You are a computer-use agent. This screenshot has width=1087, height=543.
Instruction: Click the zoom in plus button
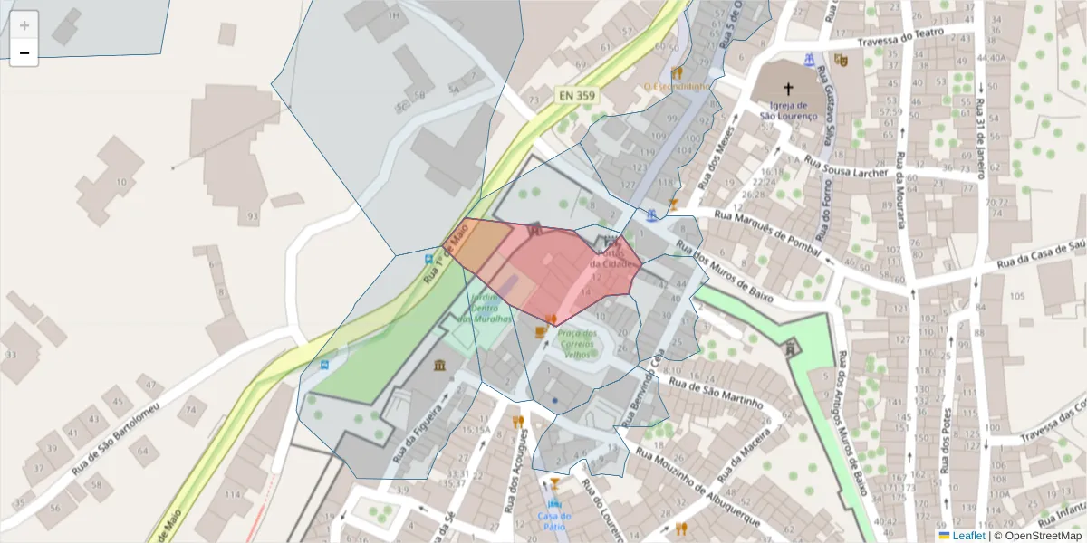[x=24, y=25]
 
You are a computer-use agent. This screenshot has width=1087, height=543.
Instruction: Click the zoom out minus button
[x=24, y=52]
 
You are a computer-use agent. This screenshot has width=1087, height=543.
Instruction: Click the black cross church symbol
[x=788, y=89]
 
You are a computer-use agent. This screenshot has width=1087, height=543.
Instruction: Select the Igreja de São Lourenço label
[x=788, y=110]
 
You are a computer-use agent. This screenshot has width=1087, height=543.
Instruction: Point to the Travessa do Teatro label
[x=901, y=37]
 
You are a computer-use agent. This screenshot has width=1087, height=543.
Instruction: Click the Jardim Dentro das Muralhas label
[x=485, y=308]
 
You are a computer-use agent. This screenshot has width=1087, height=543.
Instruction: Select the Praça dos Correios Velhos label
[x=577, y=344]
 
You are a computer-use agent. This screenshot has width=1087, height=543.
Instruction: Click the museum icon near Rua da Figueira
[x=440, y=365]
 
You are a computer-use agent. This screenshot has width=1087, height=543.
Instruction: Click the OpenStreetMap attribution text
[x=1038, y=536]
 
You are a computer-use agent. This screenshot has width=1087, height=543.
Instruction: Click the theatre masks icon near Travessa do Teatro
[x=841, y=60]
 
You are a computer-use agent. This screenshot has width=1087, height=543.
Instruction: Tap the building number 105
[x=1016, y=297]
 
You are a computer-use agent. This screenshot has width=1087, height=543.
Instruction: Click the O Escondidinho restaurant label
[x=676, y=86]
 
